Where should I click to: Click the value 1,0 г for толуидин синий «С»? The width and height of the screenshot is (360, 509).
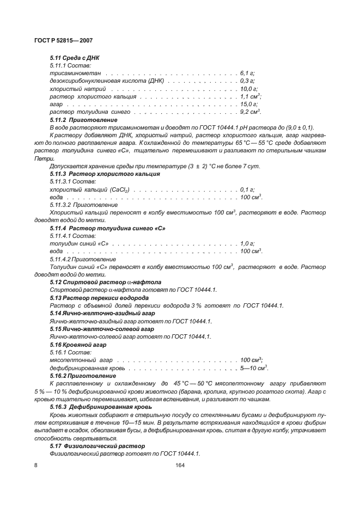coord(247,243)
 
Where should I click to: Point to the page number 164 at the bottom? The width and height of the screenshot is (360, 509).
coord(180,465)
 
